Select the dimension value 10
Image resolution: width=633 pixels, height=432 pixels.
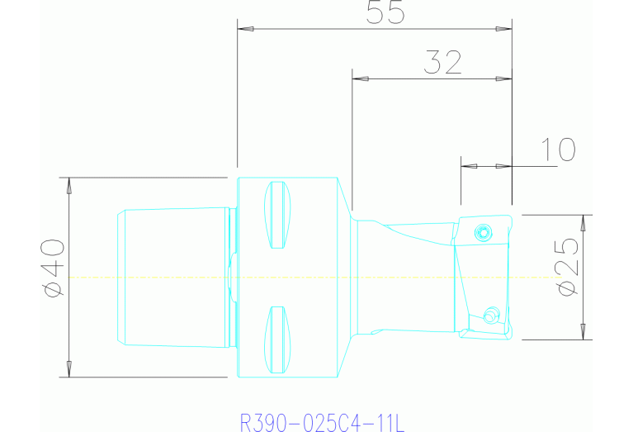point(558,150)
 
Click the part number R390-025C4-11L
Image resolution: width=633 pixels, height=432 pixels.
point(321,423)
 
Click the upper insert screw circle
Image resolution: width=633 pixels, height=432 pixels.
point(483,233)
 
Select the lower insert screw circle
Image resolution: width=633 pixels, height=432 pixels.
point(490,314)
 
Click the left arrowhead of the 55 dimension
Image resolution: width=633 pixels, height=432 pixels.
point(243,30)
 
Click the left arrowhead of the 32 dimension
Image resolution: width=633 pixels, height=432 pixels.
point(358,80)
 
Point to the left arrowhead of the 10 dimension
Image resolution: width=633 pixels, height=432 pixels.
point(468,166)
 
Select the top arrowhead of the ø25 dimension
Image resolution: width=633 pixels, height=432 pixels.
point(585,222)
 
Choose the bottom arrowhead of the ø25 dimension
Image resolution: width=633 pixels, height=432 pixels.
point(585,332)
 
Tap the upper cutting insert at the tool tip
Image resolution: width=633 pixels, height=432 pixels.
point(485,232)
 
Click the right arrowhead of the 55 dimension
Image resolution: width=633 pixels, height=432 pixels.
point(505,30)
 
